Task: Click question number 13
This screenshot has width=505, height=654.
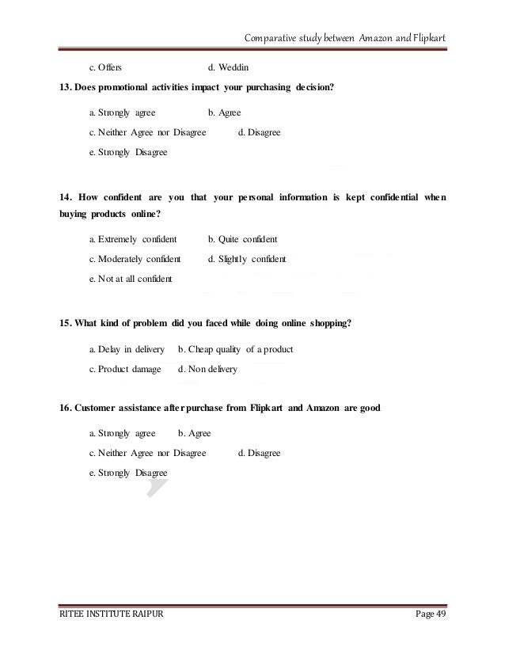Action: coord(66,87)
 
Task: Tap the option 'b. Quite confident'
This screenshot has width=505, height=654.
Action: coord(242,239)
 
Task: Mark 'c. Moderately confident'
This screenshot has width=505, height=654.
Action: coord(135,259)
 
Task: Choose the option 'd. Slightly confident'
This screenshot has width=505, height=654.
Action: coord(247,259)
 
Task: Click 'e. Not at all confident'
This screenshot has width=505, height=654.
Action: coord(130,279)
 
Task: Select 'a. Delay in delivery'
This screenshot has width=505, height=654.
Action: coord(126,349)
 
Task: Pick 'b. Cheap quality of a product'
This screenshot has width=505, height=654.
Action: coord(235,349)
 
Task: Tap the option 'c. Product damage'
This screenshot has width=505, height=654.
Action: coord(124,369)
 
